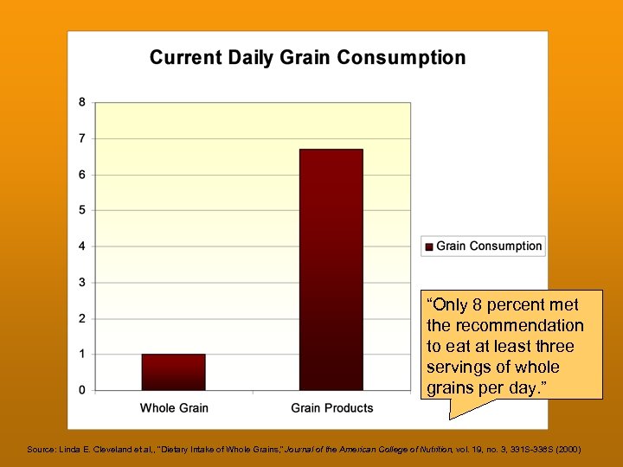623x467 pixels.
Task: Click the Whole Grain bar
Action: [173, 372]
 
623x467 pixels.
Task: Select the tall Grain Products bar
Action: [331, 269]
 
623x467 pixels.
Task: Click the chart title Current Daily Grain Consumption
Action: [307, 58]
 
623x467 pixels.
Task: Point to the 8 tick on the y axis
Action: [82, 102]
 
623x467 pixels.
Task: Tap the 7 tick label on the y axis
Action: [82, 138]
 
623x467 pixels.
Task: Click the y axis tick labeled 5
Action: [82, 210]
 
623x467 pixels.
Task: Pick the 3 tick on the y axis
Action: [82, 283]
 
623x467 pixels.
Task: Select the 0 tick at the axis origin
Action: [82, 390]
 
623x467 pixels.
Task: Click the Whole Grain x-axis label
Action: [174, 408]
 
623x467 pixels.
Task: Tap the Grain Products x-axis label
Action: [332, 408]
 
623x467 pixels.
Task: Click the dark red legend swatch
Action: [428, 246]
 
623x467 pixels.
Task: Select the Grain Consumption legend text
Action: [489, 246]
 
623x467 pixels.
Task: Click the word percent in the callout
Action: [519, 305]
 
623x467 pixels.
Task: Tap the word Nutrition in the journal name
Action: [427, 450]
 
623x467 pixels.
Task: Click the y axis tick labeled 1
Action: [82, 355]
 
